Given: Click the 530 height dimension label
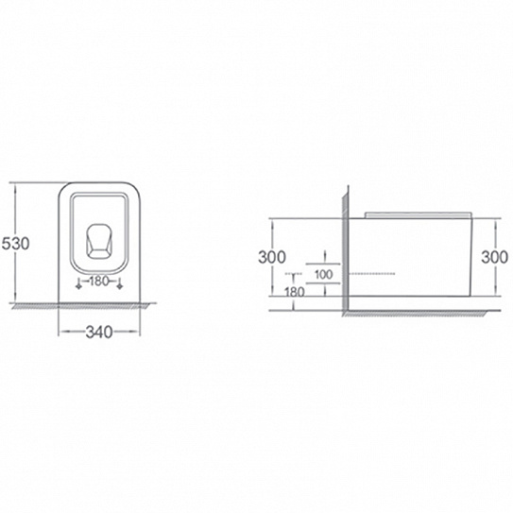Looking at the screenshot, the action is (15, 243).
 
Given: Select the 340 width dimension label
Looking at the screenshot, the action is (99, 332).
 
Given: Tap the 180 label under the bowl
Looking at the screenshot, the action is (99, 281).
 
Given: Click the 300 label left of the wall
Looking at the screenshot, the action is (272, 257).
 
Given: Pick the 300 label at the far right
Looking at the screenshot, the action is (494, 257).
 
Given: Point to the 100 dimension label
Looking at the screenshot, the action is (323, 275).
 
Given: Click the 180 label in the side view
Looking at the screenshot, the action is (295, 292).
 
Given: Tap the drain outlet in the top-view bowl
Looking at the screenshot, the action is (98, 242).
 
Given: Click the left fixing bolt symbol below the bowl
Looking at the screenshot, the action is (78, 283).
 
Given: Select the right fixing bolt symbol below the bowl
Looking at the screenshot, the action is (120, 283).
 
